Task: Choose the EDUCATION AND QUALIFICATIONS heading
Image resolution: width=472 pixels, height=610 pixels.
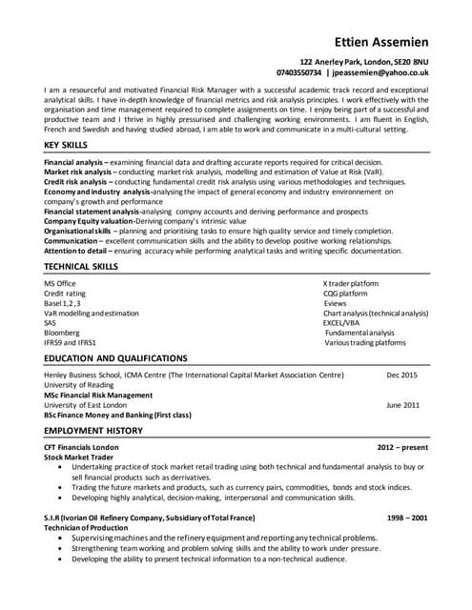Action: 115,357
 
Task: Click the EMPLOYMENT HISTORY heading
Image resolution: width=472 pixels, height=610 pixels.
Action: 92,430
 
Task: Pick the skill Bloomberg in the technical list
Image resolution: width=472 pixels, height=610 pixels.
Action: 62,332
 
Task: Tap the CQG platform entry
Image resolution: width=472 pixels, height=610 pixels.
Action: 345,294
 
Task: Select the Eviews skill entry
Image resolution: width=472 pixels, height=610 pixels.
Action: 335,303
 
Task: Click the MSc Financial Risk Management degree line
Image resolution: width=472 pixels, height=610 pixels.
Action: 98,396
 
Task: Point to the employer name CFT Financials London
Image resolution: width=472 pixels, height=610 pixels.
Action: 81,447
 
